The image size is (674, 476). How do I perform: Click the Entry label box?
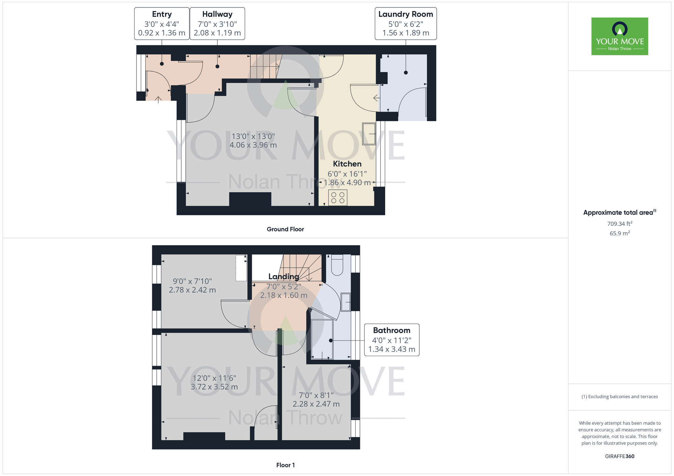(x=162, y=24)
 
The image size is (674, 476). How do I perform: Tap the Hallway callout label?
(x=217, y=24)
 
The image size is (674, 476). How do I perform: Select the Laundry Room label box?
(x=406, y=24)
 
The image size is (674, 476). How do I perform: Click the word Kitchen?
(x=347, y=164)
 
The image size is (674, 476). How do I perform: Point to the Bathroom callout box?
(x=392, y=340)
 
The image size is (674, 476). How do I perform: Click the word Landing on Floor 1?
(x=284, y=276)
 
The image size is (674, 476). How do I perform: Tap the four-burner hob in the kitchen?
(x=338, y=198)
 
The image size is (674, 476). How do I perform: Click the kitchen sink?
(x=369, y=134)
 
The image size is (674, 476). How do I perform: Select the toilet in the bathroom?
(x=337, y=265)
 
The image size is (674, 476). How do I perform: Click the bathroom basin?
(x=346, y=302)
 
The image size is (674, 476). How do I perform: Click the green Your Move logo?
(x=620, y=36)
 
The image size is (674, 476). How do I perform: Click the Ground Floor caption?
(x=285, y=229)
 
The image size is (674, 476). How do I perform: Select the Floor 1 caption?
(x=285, y=465)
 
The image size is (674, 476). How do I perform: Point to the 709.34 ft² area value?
(x=620, y=224)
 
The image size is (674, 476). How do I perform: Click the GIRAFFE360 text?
(x=620, y=456)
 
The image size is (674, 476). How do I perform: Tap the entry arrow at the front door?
(x=158, y=99)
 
